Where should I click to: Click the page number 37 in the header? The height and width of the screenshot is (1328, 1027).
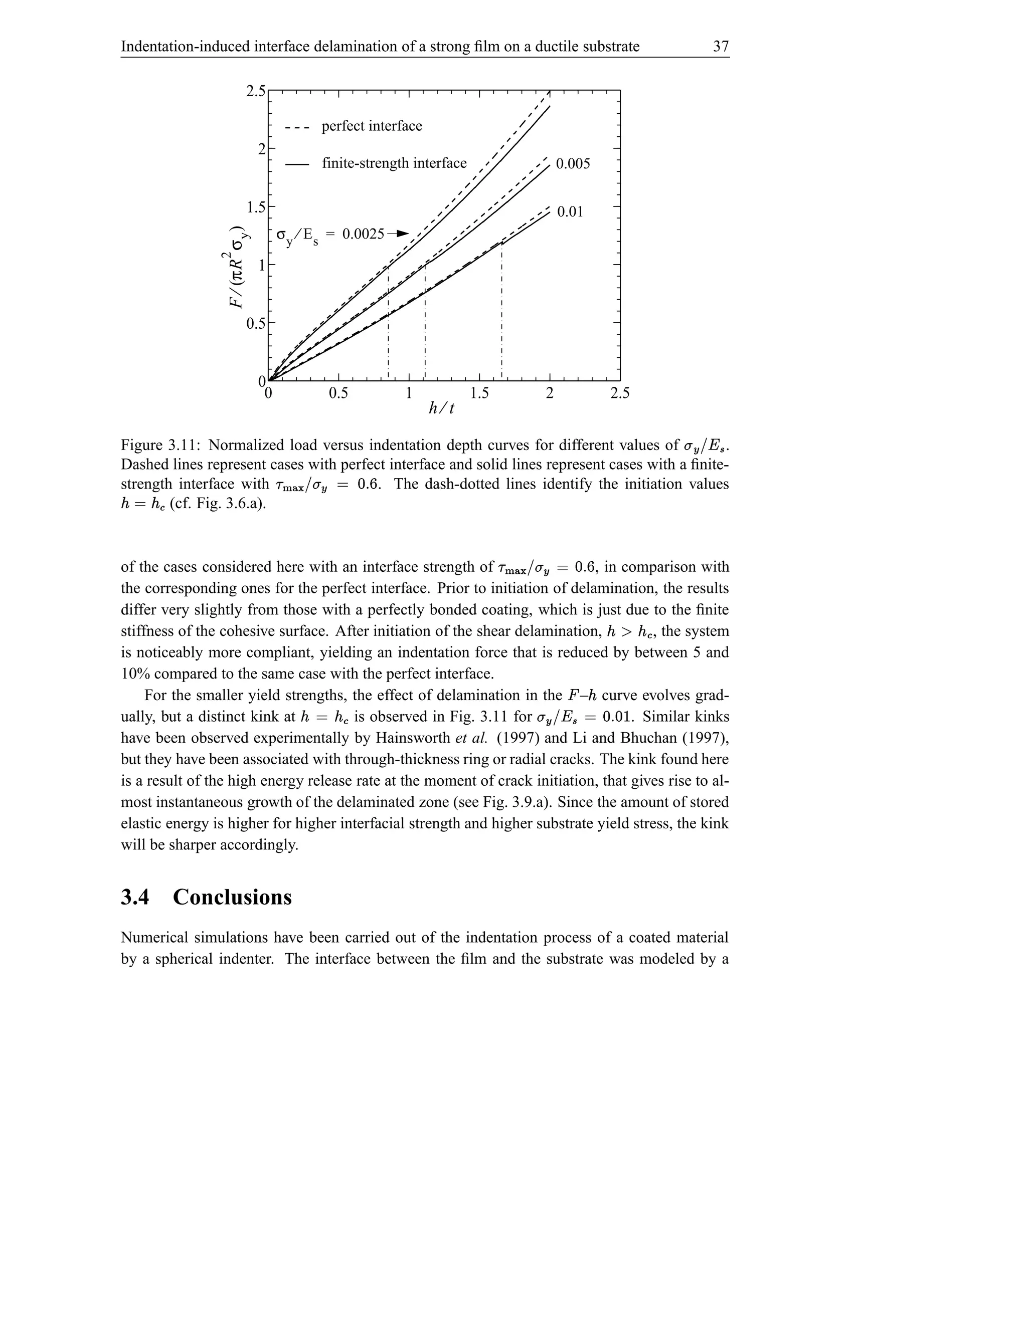721,46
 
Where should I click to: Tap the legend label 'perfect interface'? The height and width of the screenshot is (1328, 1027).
371,126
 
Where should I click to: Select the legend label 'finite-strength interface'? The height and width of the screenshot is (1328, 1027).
394,163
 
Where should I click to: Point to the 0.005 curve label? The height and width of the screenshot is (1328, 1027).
573,163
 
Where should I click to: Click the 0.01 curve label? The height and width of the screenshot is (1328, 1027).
570,211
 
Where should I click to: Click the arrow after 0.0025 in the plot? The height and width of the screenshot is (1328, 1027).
398,234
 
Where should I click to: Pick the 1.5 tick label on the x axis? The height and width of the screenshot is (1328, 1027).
479,393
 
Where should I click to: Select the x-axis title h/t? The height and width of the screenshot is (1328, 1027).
442,408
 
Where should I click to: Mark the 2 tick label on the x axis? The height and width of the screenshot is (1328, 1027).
550,393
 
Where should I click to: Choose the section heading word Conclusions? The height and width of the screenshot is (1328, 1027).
232,897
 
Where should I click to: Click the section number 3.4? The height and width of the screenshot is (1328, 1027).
134,897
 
